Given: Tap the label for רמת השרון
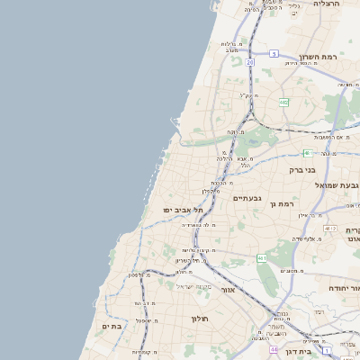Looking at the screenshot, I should [x=320, y=57].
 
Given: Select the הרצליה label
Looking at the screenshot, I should [x=325, y=4].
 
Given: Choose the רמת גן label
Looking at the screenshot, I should [x=282, y=204].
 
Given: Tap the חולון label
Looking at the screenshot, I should [x=199, y=319].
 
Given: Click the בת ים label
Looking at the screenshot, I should [x=111, y=327].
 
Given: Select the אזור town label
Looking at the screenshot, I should [x=228, y=290].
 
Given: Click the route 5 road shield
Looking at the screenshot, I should [x=274, y=54].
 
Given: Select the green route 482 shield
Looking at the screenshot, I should [x=283, y=103].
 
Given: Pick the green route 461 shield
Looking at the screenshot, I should [x=261, y=258].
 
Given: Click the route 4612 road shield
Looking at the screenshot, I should [x=330, y=229].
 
